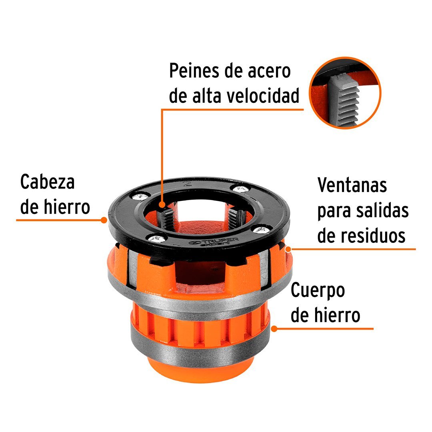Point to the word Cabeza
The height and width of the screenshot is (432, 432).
[x=48, y=182]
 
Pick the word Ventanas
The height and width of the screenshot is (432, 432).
[x=352, y=185]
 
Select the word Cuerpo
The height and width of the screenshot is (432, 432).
[x=318, y=291]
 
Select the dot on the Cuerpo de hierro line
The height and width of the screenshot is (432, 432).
[x=274, y=329]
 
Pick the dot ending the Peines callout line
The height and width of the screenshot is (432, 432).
[x=162, y=205]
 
